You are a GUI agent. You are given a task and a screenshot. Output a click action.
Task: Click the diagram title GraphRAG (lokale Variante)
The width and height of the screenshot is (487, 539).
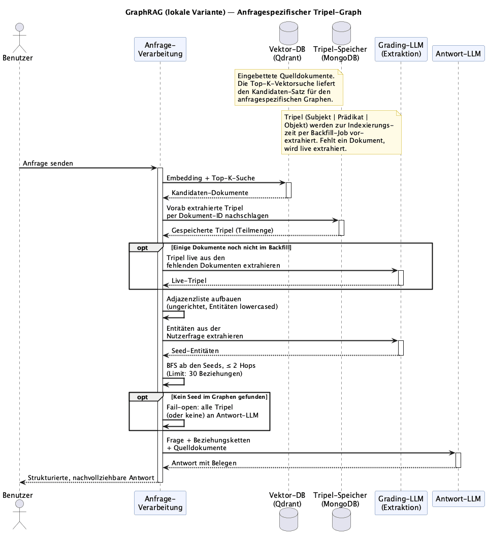click(175, 12)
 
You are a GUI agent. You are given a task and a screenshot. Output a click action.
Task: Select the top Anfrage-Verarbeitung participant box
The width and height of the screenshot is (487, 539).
click(160, 49)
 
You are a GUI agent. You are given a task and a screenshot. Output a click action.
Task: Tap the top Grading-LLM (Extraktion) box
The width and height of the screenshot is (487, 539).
click(401, 49)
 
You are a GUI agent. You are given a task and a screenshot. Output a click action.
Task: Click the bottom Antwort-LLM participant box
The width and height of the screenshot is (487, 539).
click(458, 499)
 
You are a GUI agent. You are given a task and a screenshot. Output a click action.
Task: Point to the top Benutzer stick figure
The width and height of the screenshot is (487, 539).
click(20, 38)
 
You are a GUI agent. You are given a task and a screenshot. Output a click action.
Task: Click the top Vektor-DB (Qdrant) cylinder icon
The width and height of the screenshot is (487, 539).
click(288, 33)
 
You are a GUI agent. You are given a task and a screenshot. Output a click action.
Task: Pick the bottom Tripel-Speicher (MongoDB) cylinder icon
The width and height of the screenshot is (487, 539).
click(342, 519)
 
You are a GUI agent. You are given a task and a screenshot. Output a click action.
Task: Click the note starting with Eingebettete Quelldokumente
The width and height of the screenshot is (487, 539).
click(288, 88)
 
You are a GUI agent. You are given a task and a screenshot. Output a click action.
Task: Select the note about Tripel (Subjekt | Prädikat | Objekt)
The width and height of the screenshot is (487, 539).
click(341, 133)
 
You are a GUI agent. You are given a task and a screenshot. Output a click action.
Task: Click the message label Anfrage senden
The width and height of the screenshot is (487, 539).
click(48, 163)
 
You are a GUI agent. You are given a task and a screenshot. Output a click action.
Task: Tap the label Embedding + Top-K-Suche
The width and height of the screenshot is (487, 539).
click(211, 178)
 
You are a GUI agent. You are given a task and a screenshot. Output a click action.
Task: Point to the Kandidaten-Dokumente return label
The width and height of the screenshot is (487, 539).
click(210, 193)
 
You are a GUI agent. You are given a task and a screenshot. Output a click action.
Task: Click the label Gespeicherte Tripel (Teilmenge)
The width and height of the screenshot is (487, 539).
click(222, 230)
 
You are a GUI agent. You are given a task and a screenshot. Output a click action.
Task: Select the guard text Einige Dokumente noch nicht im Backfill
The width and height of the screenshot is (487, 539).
click(231, 247)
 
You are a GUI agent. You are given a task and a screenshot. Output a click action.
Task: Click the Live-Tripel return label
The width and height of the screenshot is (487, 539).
click(189, 280)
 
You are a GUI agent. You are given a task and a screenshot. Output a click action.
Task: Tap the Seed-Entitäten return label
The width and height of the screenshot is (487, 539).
click(195, 351)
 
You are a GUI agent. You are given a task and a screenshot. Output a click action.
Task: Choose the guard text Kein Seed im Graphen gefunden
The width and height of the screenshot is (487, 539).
click(219, 397)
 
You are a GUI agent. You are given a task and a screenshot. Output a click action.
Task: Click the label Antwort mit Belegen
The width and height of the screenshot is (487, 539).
click(204, 463)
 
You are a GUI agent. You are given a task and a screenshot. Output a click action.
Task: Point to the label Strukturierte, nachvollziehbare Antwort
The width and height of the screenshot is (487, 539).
click(91, 478)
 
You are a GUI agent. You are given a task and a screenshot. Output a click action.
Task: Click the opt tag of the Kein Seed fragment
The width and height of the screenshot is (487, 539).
click(143, 397)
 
